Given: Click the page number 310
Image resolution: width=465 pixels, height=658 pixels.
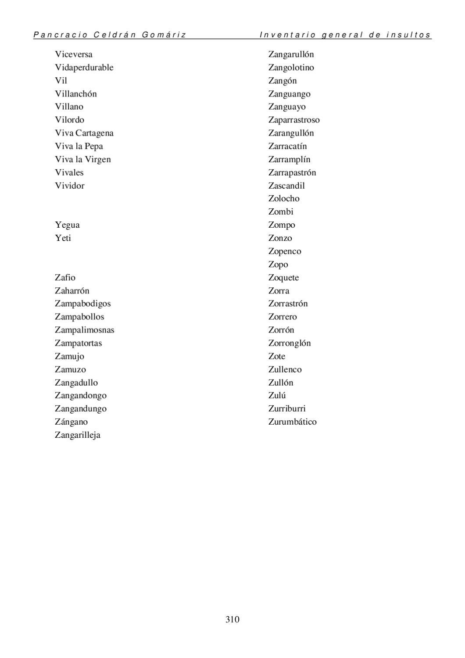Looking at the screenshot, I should pos(232,619).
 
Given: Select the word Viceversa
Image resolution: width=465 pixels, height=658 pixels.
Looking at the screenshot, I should pos(74,54).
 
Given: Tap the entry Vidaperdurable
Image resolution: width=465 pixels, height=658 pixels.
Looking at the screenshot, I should pos(84,68).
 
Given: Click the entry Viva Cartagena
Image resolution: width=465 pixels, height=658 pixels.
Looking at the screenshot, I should pos(84,133).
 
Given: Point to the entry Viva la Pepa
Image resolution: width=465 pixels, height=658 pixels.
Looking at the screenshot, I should pos(79,146).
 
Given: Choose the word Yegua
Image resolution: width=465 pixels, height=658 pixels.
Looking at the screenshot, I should pos(67,225).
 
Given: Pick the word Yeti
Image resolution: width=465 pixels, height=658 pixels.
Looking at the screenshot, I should pos(63,238).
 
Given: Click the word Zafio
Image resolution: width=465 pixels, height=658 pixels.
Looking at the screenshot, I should pos(65,277).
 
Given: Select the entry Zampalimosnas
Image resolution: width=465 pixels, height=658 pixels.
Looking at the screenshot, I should pos(84,330).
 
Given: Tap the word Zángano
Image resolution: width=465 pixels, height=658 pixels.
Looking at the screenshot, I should pos(71,422).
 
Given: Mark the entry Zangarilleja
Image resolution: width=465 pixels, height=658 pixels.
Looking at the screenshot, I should pos(78,435).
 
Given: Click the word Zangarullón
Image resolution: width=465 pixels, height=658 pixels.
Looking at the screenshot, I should pos(291,54).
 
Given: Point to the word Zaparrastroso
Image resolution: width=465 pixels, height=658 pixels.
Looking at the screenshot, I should pos(294,120).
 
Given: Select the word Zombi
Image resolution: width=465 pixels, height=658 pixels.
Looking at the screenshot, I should pos(281,212).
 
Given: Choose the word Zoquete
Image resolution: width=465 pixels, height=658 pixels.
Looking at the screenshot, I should pos(283,278).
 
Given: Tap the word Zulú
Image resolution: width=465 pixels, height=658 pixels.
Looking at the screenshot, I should pos(277,395).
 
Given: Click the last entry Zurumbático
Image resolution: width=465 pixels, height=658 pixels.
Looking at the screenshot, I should pos(292,422).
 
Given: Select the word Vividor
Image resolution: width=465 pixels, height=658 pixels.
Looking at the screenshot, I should pos(69,186).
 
